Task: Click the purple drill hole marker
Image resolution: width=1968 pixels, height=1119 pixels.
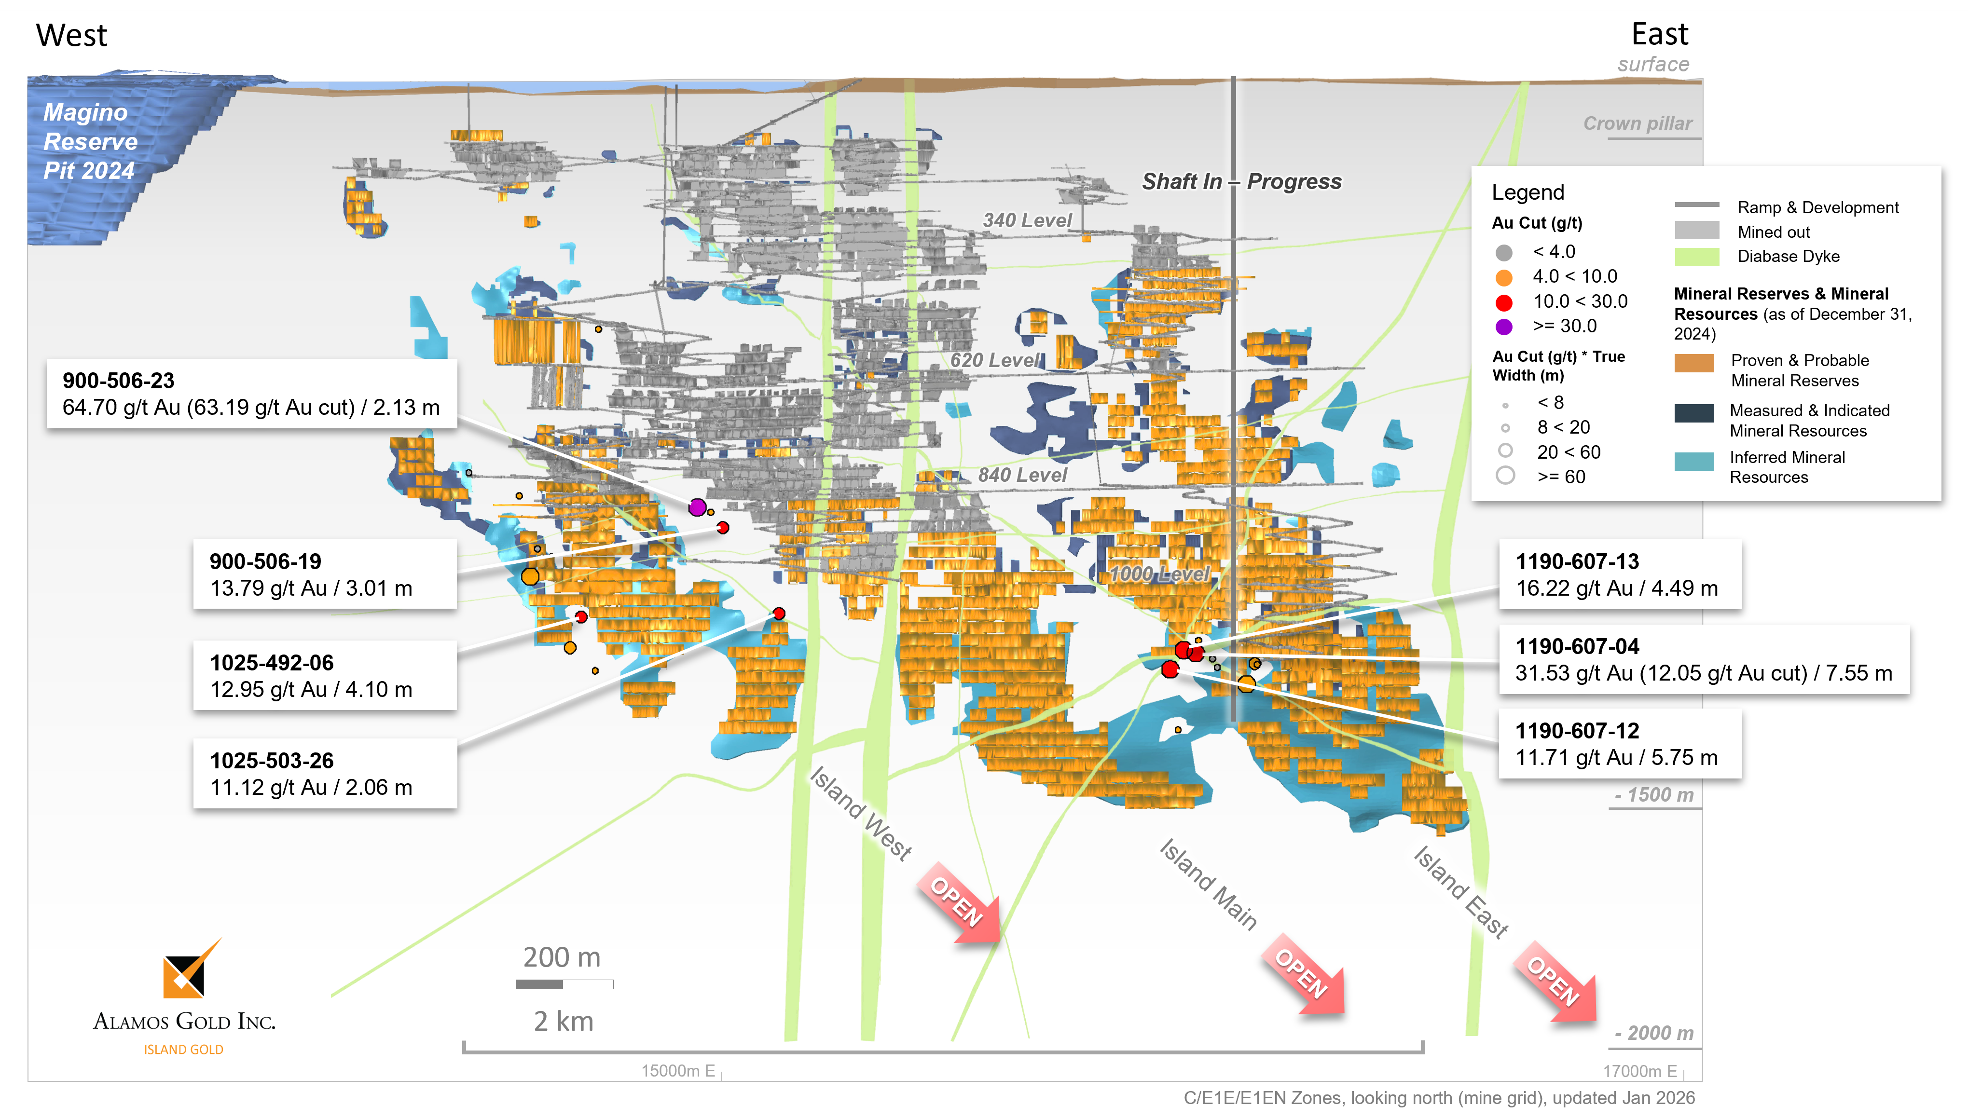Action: coord(697,507)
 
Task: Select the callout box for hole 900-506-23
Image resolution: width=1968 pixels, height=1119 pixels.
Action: coord(251,394)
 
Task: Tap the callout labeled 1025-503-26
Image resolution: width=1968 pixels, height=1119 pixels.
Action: coord(324,773)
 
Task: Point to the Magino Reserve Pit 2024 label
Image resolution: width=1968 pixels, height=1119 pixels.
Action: coord(90,141)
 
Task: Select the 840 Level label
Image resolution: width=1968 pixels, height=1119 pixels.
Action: coord(1022,475)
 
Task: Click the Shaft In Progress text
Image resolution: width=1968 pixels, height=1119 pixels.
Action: coord(1241,181)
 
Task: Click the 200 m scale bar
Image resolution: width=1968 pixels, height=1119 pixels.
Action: coord(564,984)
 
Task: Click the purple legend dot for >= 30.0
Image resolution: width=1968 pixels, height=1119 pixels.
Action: coord(1504,327)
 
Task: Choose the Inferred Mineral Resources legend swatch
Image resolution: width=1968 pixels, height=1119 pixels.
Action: coord(1693,461)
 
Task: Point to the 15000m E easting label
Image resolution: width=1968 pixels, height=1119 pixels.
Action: coord(678,1071)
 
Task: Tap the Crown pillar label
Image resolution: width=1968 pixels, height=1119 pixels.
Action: coord(1638,124)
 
